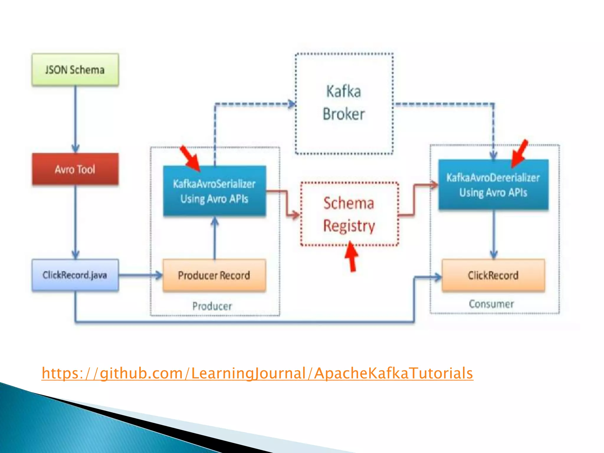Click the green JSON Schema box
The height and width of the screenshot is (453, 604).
tap(75, 70)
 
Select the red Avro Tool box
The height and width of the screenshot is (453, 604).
tap(75, 169)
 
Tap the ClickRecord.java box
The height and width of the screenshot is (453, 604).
tap(75, 275)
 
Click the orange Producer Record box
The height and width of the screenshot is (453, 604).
tap(214, 275)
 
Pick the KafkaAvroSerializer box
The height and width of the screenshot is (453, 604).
tap(214, 191)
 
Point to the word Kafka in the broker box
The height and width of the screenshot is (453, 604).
tap(344, 91)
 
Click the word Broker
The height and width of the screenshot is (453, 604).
tap(344, 114)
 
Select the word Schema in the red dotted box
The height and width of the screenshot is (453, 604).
tap(349, 203)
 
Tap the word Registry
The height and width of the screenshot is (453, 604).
tap(349, 226)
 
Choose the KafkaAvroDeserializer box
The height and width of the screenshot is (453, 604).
tap(493, 185)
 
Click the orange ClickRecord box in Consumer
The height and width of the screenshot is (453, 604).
tap(493, 275)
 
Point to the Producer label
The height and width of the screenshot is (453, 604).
tap(212, 306)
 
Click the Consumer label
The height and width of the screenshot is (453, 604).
tap(491, 304)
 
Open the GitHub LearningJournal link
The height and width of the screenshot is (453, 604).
tap(257, 373)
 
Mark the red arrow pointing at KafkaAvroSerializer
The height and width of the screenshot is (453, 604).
tap(190, 158)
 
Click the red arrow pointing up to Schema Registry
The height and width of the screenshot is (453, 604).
tap(352, 257)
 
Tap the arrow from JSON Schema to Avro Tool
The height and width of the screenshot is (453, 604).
tap(75, 118)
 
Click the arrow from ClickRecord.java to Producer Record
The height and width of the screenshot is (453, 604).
tap(140, 275)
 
